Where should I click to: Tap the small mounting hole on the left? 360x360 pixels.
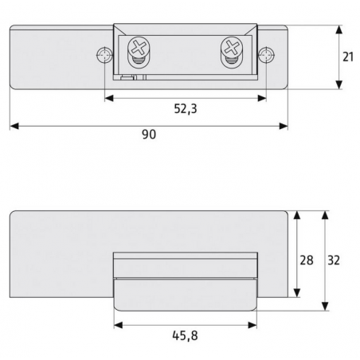102,57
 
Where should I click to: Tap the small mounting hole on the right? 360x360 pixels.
267,57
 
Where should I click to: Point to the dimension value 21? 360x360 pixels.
347,58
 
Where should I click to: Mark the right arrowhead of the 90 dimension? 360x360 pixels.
284,125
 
